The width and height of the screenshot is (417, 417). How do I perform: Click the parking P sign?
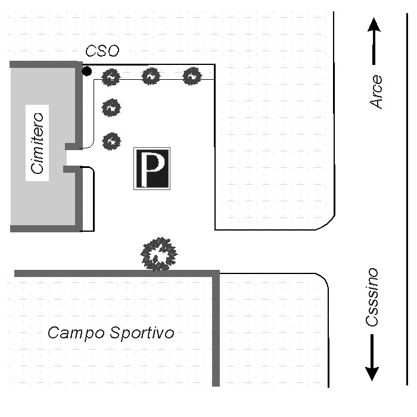pyautogui.click(x=152, y=169)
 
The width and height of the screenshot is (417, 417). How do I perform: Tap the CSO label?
pyautogui.click(x=102, y=51)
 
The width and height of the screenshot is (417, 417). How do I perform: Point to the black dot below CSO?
pyautogui.click(x=87, y=71)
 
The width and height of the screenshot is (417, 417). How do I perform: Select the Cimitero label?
pyautogui.click(x=37, y=143)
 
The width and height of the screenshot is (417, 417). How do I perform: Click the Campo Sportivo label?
pyautogui.click(x=111, y=332)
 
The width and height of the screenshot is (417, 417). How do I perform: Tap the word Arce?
pyautogui.click(x=376, y=92)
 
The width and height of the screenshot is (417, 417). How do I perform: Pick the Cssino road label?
pyautogui.click(x=372, y=297)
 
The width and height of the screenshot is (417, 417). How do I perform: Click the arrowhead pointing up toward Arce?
pyautogui.click(x=374, y=24)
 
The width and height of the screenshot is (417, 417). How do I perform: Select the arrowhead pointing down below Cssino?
pyautogui.click(x=372, y=374)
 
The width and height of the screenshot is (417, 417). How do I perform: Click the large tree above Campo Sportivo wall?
pyautogui.click(x=159, y=254)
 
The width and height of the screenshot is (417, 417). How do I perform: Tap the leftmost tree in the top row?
pyautogui.click(x=111, y=77)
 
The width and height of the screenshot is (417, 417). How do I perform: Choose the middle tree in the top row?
pyautogui.click(x=151, y=76)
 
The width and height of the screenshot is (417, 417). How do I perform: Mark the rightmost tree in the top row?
pyautogui.click(x=192, y=76)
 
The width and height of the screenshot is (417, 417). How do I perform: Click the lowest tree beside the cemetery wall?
pyautogui.click(x=111, y=141)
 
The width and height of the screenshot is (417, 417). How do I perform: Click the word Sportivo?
pyautogui.click(x=142, y=332)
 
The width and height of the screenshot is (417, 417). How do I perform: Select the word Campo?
pyautogui.click(x=76, y=333)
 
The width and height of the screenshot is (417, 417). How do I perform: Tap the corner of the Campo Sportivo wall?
pyautogui.click(x=216, y=273)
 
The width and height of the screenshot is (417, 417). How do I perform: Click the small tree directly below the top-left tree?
pyautogui.click(x=111, y=108)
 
